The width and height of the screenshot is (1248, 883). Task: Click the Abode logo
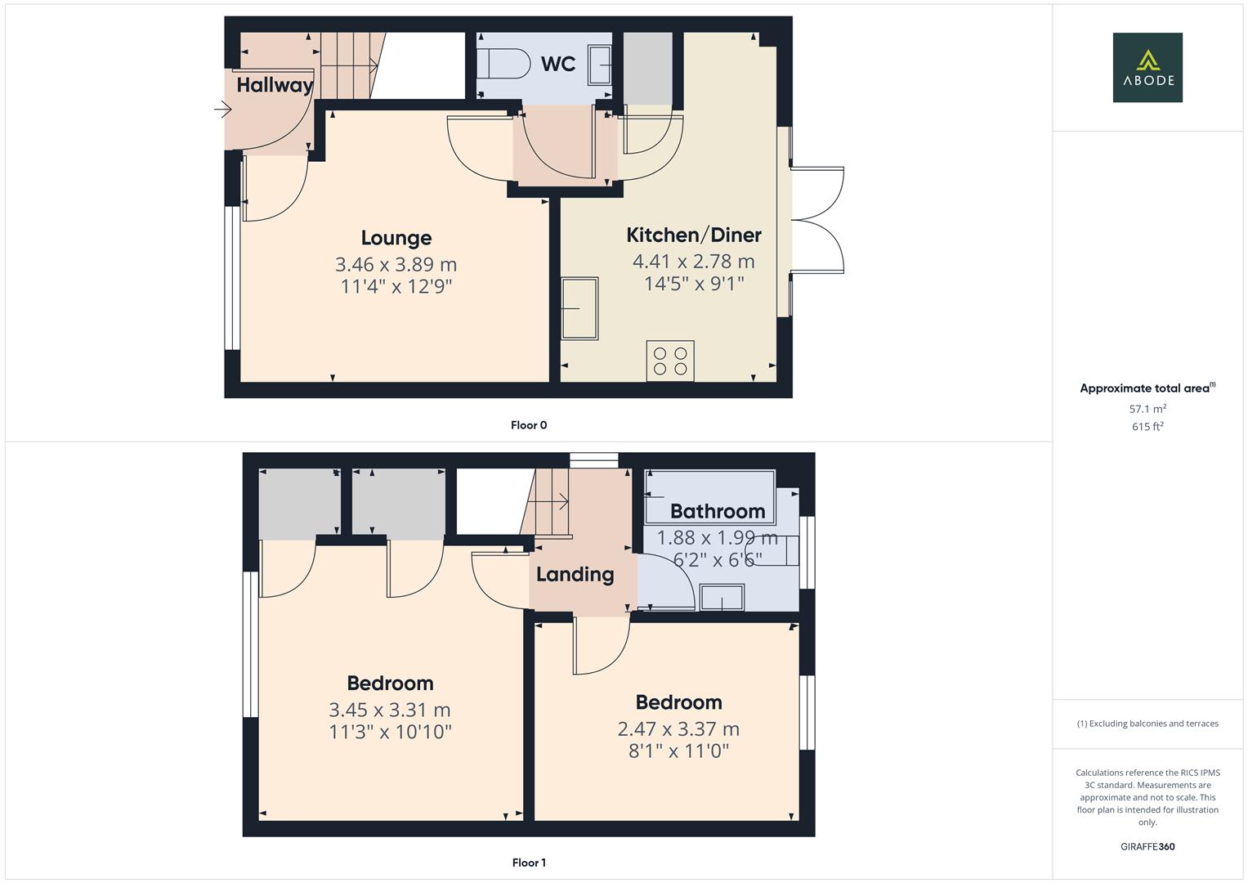tap(1147, 67)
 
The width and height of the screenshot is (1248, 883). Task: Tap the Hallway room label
tap(275, 85)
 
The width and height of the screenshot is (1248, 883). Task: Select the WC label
tap(558, 64)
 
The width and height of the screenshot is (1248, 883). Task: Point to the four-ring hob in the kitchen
tap(670, 361)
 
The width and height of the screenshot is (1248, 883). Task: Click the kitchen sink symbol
tap(579, 308)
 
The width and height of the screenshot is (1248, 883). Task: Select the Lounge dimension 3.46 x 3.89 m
tap(396, 265)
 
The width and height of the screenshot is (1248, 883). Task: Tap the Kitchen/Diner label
tap(693, 235)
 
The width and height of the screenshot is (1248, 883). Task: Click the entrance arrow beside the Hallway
tap(222, 109)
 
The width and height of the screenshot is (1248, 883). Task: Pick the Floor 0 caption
tap(529, 425)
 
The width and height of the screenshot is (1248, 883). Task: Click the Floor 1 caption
tap(529, 863)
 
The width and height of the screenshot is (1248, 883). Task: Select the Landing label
tap(575, 575)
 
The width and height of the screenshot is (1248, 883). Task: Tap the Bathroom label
tap(718, 512)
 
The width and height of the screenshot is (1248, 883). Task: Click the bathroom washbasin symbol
tap(722, 598)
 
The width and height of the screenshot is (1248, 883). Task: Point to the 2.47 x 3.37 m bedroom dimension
tap(678, 729)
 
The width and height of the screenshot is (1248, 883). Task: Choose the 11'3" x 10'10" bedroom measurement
tap(390, 732)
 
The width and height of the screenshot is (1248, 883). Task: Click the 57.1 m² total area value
tap(1147, 409)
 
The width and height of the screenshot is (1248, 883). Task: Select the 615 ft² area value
tap(1147, 427)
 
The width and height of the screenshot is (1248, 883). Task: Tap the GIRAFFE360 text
tap(1147, 847)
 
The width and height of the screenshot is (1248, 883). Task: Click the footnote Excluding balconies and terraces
tap(1147, 724)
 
